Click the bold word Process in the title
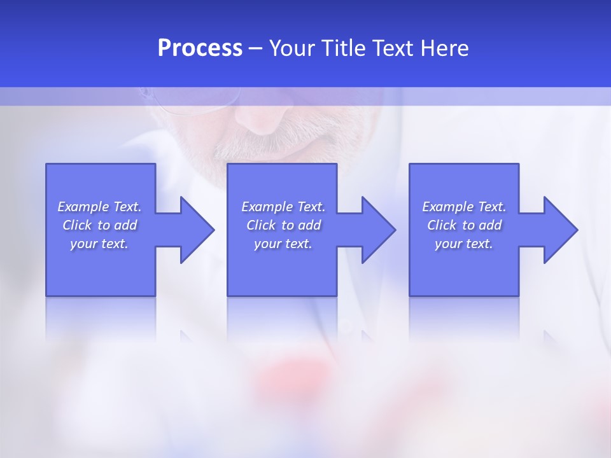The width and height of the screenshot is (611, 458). [200, 48]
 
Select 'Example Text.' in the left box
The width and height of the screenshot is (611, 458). [99, 207]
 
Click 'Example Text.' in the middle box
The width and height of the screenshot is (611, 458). [283, 207]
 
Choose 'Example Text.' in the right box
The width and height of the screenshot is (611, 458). [464, 207]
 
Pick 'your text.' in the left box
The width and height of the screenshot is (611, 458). [99, 244]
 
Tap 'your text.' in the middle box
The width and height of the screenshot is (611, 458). [283, 244]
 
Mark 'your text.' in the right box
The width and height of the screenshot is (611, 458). [464, 244]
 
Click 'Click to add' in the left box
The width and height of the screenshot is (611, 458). [99, 225]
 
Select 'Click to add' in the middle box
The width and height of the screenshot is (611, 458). [283, 225]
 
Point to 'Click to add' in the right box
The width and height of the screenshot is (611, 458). [464, 225]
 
